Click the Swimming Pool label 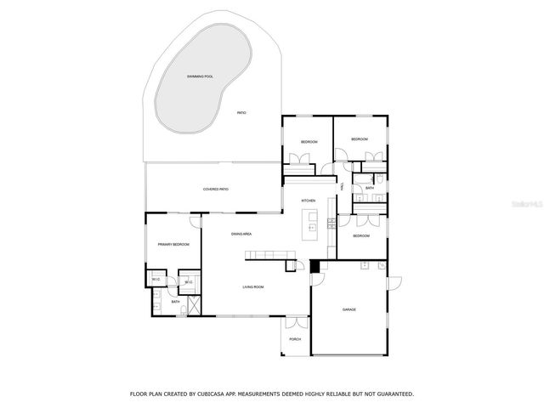201,76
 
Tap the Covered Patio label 215,189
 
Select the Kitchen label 308,201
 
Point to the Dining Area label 241,234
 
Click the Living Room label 252,287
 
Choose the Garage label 348,309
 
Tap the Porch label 295,339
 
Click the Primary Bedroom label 173,245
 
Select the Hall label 342,186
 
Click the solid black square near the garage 315,267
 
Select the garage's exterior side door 393,285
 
